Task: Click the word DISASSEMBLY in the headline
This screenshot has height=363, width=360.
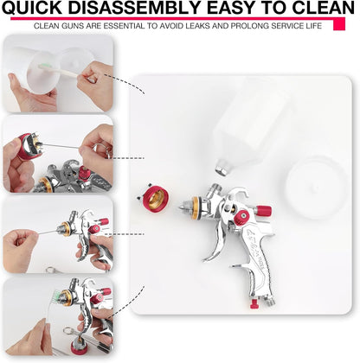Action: (x=136, y=8)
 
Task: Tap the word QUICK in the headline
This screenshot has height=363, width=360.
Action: (x=32, y=8)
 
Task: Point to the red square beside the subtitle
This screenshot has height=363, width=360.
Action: (x=339, y=24)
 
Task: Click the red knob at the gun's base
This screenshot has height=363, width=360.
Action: (x=254, y=303)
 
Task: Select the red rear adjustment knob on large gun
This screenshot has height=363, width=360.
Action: (x=263, y=211)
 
